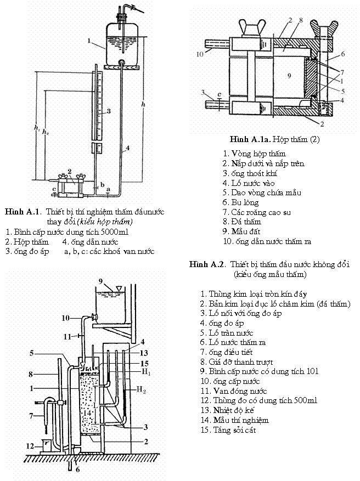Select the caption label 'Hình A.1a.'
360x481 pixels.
pos(250,139)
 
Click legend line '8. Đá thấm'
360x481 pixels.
pos(242,222)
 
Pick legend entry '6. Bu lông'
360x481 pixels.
pos(240,202)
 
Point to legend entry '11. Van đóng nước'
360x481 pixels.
pos(234,391)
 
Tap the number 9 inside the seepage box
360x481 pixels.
pos(289,76)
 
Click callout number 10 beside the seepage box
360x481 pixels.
pos(200,54)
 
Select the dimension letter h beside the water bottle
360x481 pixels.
pos(143,104)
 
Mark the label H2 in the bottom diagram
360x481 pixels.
pos(141,390)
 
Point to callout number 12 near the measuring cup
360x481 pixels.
pos(30,446)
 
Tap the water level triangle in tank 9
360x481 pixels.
pos(120,288)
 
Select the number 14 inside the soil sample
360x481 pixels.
pos(87,412)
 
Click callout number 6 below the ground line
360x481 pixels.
pos(77,469)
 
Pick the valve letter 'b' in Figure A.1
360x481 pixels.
pos(103,184)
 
